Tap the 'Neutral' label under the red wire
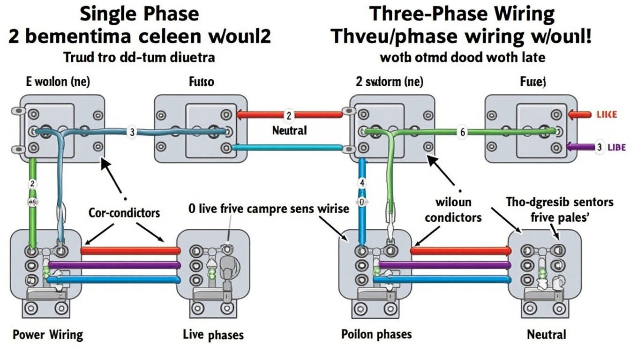coord(289,130)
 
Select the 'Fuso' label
coord(202,82)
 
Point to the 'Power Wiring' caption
coord(47,335)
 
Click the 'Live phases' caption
coord(213,335)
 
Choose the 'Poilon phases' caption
coord(376,334)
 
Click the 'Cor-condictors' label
coord(124,213)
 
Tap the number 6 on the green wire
coord(462,132)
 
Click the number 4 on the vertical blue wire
coord(361,183)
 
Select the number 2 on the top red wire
coord(289,115)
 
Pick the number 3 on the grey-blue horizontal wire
coord(132,132)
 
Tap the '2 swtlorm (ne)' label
coord(389,82)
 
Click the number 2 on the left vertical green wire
coord(32,183)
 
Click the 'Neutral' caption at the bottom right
coord(547,335)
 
